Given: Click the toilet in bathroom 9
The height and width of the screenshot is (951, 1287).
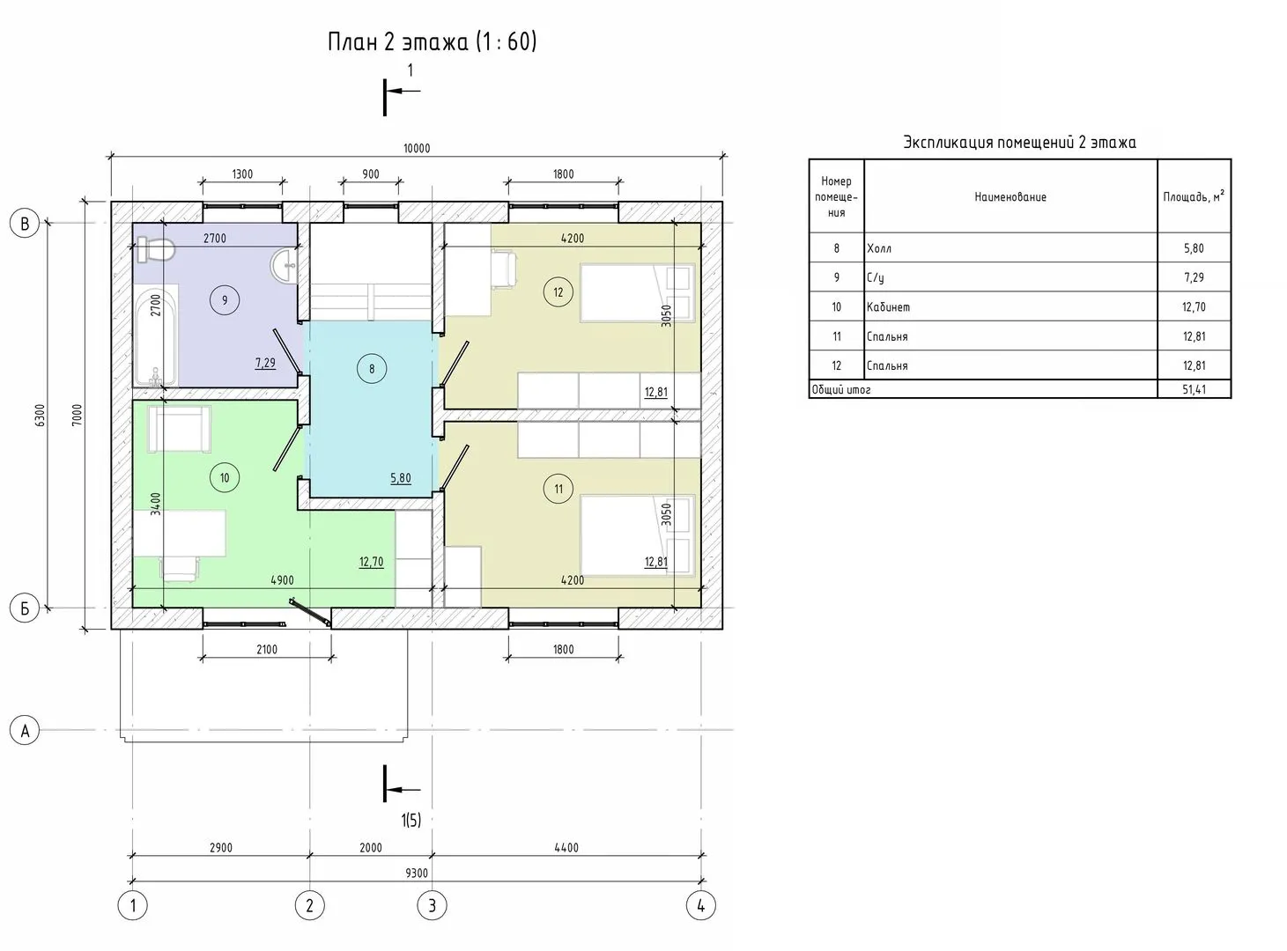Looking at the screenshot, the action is tap(156, 249).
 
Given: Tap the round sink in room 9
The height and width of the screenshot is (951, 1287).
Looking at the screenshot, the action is tap(285, 266).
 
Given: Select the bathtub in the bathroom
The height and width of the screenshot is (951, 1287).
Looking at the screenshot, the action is tap(156, 335).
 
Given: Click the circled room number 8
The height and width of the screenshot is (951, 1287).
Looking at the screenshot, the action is tap(372, 368).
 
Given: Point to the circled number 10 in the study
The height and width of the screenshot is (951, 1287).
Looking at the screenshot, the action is tap(225, 477).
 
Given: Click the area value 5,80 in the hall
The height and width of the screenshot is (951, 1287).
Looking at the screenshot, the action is tap(401, 479).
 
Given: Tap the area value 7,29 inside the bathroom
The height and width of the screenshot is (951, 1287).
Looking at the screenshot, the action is tap(265, 364).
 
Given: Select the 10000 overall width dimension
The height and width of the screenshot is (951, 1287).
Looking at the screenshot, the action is tap(417, 149).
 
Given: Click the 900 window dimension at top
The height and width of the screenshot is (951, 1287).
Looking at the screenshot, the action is tap(370, 174).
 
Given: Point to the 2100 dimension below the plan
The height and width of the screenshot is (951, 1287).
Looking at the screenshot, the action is tap(267, 650).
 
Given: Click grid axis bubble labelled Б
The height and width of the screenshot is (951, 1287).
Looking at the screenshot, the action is tap(25, 608).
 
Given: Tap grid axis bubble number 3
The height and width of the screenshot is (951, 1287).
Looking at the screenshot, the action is tap(432, 905).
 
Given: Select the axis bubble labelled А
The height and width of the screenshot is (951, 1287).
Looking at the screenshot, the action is tap(25, 730).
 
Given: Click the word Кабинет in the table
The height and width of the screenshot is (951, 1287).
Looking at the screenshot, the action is tap(888, 307).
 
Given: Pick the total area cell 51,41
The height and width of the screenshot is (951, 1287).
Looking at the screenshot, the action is tap(1195, 389).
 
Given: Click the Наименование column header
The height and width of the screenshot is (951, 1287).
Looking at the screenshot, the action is tap(1010, 196).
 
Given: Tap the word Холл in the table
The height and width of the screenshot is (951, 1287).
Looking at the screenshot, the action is tap(879, 248).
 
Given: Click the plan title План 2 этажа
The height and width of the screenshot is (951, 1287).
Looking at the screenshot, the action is tap(397, 41).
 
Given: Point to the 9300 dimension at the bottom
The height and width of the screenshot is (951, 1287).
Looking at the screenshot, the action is tap(417, 874).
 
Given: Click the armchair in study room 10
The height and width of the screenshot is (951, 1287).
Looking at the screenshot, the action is tap(180, 429).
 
